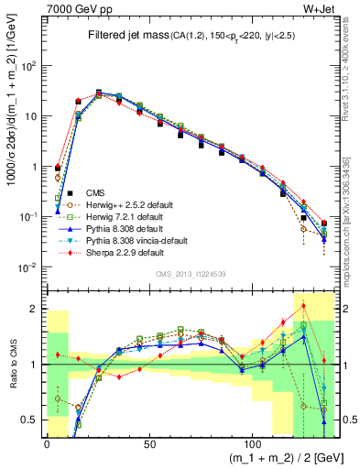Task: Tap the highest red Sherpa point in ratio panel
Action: (303, 306)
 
